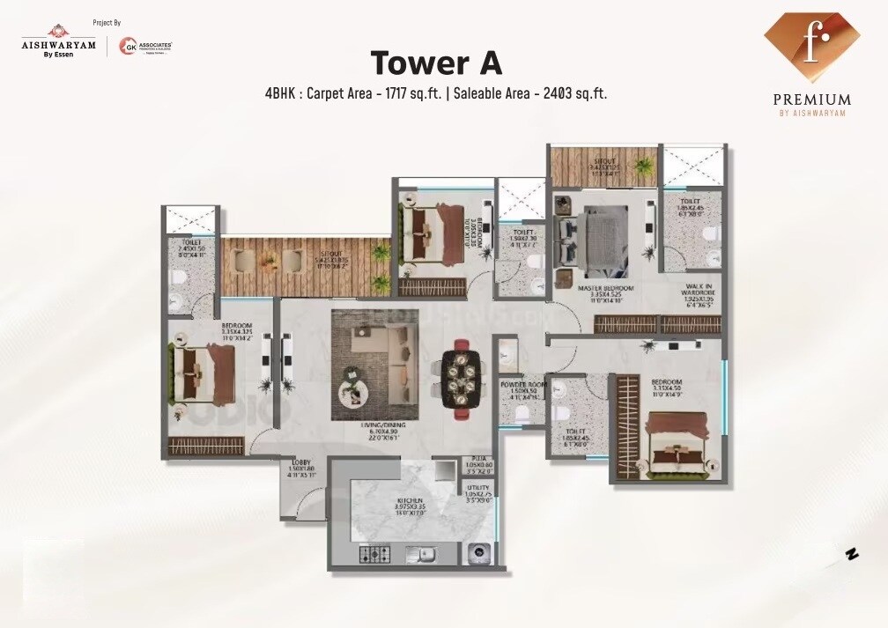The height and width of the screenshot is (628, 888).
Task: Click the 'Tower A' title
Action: pyautogui.click(x=436, y=63)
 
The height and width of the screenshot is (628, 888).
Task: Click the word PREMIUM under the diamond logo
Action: pyautogui.click(x=811, y=100)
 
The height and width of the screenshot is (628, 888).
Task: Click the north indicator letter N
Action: pyautogui.click(x=851, y=554)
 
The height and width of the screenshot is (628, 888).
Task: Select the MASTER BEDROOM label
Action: pyautogui.click(x=601, y=288)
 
